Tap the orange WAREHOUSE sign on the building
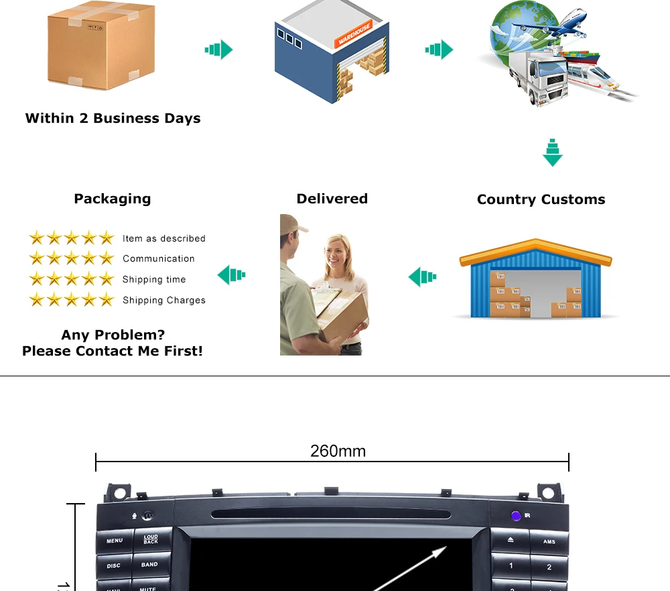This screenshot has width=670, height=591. tap(353, 36)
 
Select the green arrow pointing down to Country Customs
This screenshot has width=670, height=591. tap(552, 152)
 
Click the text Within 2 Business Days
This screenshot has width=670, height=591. tap(113, 119)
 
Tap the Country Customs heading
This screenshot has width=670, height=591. tap(541, 200)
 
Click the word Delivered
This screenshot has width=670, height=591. tap(332, 199)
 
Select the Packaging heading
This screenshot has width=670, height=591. tap(112, 199)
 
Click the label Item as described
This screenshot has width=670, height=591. tap(163, 239)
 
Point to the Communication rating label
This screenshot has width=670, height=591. tap(158, 259)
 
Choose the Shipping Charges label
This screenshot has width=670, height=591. tap(163, 301)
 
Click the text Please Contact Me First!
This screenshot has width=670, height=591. tap(112, 352)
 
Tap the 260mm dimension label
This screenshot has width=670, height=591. tap(338, 451)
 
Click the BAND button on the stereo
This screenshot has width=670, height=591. tap(149, 565)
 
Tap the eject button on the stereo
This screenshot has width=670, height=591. tap(510, 540)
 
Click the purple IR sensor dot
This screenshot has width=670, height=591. tap(515, 516)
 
